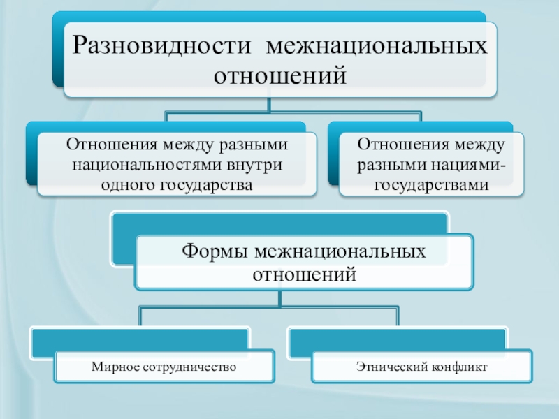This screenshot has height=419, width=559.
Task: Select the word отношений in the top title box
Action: click(280, 73)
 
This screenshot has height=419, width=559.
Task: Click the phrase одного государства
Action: click(176, 185)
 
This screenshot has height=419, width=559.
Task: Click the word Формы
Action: click(212, 251)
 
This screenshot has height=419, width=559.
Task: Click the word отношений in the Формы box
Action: click(303, 274)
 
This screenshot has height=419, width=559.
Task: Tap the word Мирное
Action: click(115, 366)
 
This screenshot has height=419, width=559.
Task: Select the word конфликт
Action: click(456, 366)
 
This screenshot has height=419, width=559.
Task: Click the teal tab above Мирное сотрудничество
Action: click(140, 338)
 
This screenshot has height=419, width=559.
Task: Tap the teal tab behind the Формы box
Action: click(279, 223)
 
